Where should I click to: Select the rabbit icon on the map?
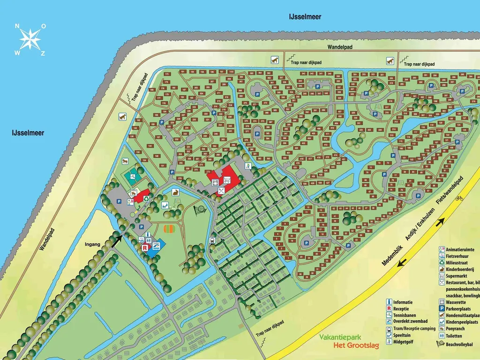point(176,192)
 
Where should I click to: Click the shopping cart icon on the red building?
point(227,179)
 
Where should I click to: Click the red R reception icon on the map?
point(145,247)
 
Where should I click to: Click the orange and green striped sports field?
point(170,229)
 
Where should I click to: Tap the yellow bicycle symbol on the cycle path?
point(459,198)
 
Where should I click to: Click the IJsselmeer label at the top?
point(305,17)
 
